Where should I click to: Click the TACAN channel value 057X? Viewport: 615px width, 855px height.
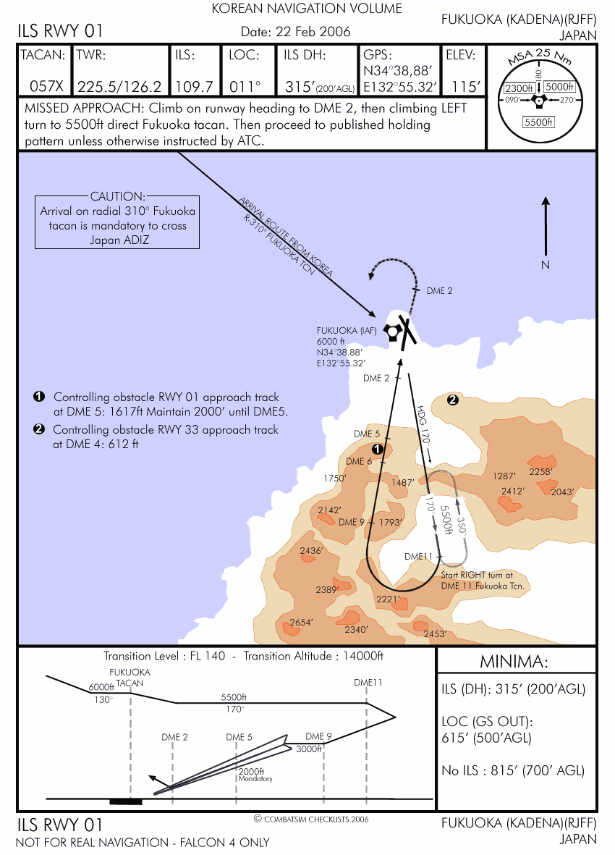pos(47,87)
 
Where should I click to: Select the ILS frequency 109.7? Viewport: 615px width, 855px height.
pos(194,87)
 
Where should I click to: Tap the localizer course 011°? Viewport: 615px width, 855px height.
pos(245,87)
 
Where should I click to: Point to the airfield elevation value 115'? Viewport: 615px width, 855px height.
pos(466,87)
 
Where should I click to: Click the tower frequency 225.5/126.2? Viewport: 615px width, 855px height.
pos(119,87)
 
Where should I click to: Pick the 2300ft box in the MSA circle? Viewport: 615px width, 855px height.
pos(518,88)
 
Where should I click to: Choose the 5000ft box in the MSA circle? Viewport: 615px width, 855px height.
pos(559,87)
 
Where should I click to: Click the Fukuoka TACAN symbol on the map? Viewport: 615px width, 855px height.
pos(392,332)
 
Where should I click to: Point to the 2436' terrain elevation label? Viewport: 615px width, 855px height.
pos(311,551)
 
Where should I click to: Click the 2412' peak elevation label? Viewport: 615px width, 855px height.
pos(513,492)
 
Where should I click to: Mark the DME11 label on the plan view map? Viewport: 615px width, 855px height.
pos(418,556)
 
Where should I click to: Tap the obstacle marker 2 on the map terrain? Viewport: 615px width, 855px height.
pos(453,399)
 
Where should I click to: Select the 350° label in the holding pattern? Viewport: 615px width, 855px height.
pos(459,523)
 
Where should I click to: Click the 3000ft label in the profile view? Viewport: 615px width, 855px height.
pos(308,749)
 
